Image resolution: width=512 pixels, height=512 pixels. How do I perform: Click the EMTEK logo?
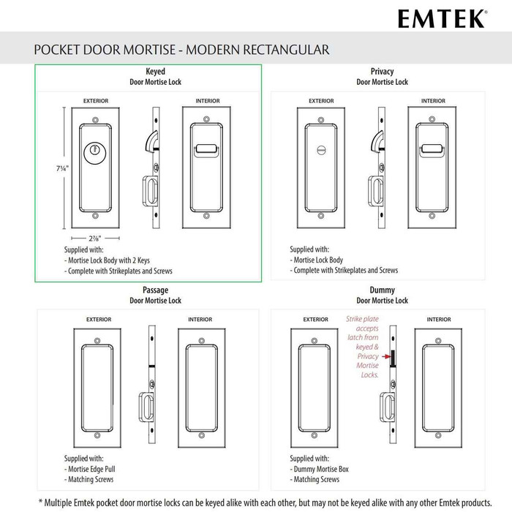point(442,18)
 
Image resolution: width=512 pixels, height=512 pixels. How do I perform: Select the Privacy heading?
point(382,71)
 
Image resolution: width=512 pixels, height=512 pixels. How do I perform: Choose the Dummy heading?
point(382,290)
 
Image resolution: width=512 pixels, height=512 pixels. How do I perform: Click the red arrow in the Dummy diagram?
point(388,357)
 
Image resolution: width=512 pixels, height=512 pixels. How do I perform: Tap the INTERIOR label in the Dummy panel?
point(439,320)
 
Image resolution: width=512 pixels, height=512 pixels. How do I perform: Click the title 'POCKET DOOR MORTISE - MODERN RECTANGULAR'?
point(181,50)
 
